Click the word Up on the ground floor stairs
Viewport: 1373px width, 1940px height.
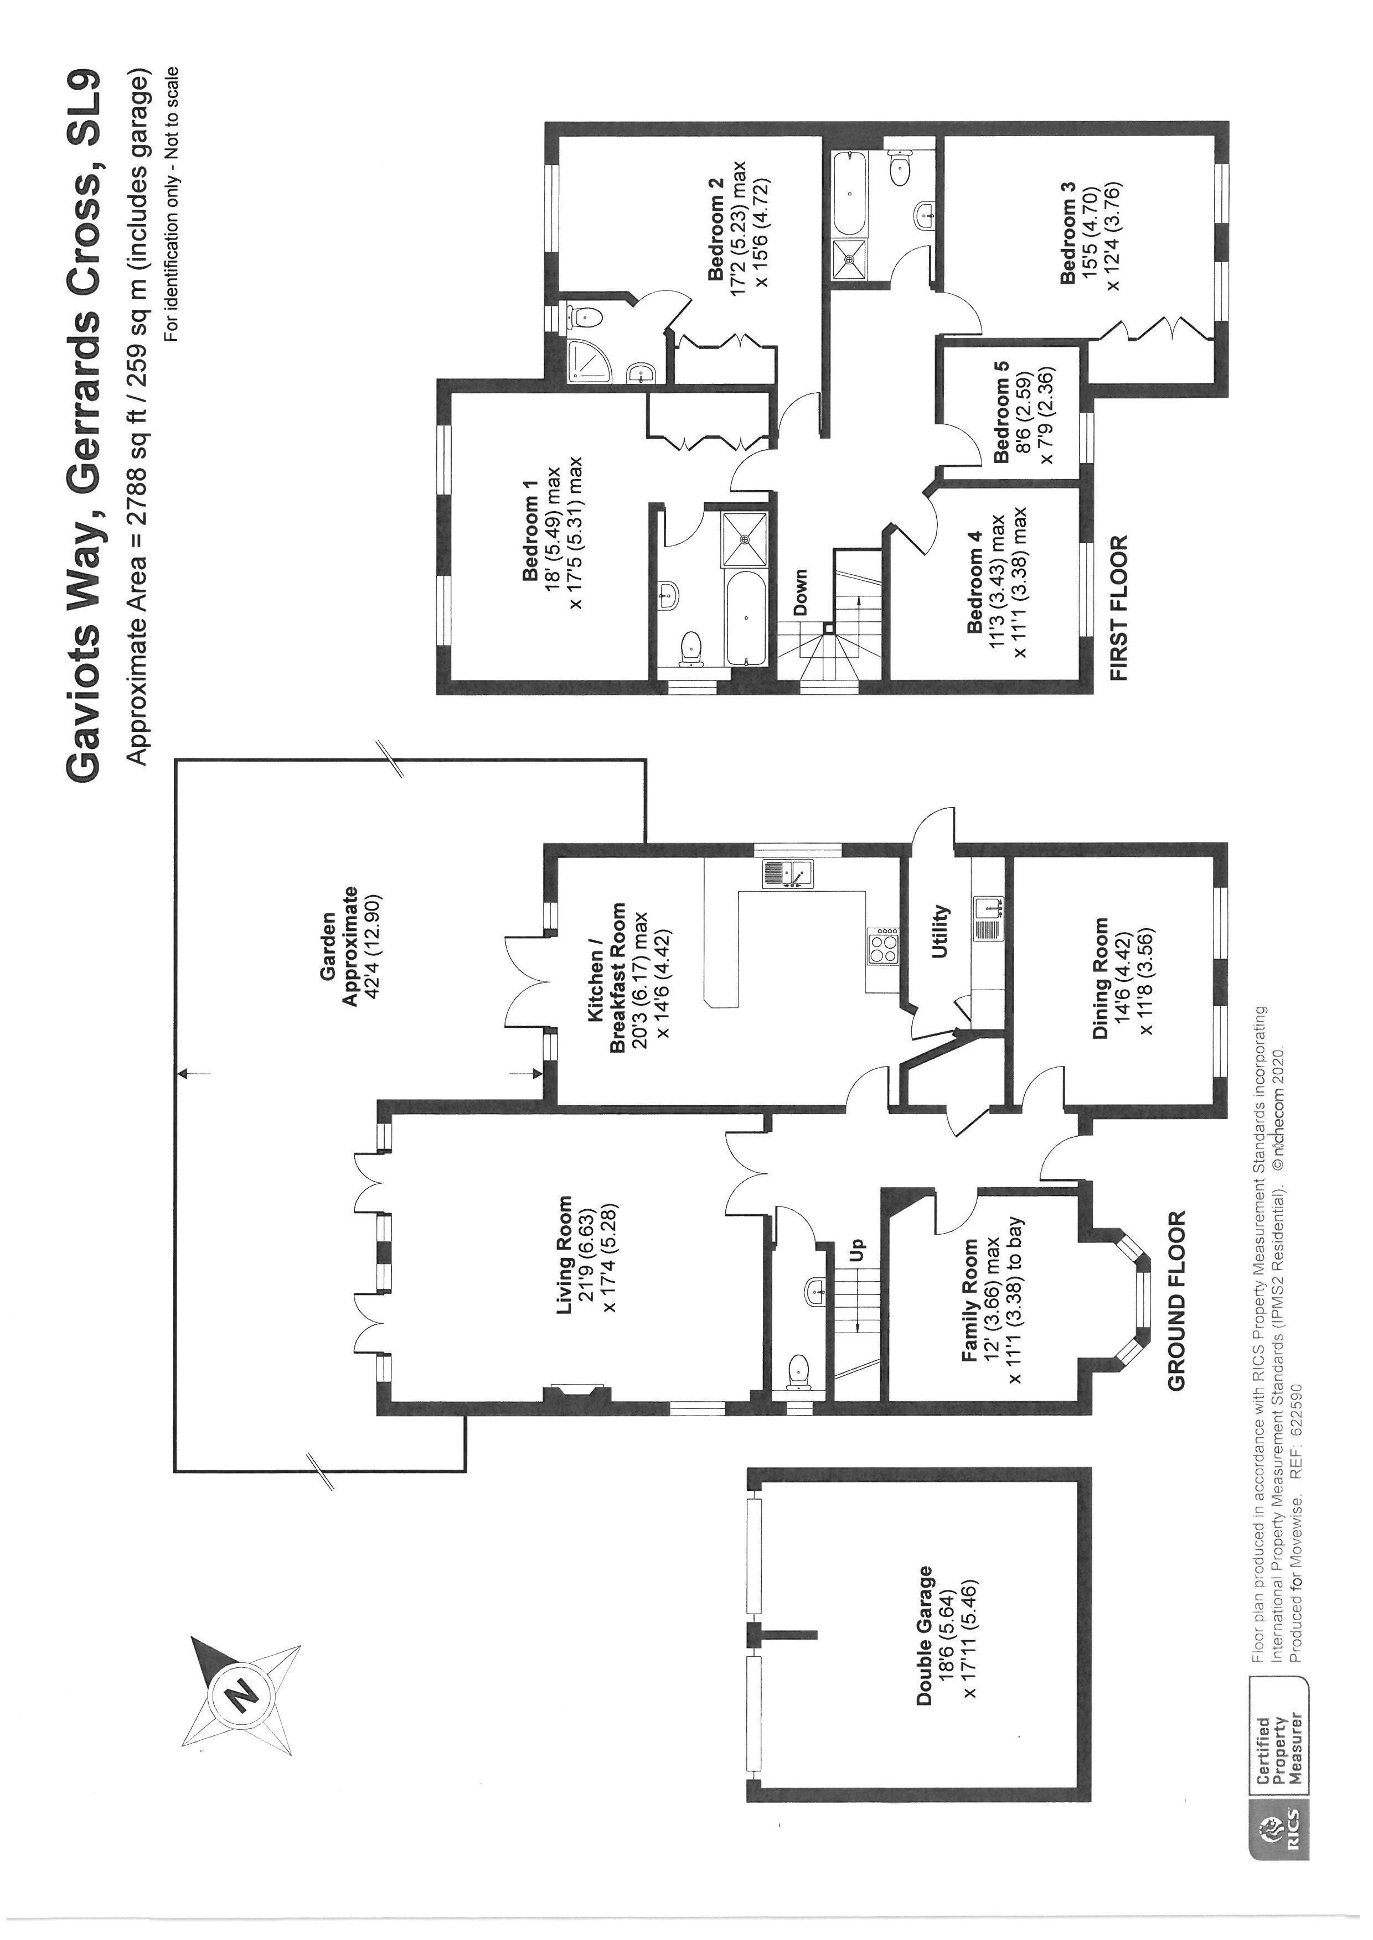pyautogui.click(x=857, y=1246)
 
